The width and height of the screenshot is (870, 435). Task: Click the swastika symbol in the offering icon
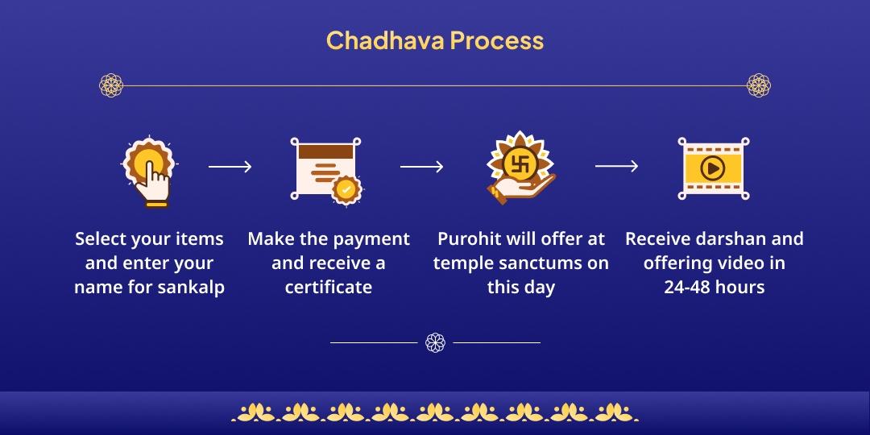[x=520, y=164]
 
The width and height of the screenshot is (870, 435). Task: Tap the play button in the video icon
[x=712, y=168]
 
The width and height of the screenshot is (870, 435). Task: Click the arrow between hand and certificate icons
[x=230, y=167]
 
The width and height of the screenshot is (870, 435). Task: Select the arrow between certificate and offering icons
[x=422, y=167]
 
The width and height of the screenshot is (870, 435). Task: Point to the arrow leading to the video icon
[x=617, y=167]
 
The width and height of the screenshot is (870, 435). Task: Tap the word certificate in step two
[x=329, y=287]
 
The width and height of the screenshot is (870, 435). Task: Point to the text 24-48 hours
[x=715, y=287]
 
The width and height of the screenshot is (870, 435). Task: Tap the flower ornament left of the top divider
[x=110, y=85]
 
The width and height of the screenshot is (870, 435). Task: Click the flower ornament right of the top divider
[x=759, y=85]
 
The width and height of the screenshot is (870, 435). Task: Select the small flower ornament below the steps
[x=435, y=342]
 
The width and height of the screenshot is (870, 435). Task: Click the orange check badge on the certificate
[x=346, y=189]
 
